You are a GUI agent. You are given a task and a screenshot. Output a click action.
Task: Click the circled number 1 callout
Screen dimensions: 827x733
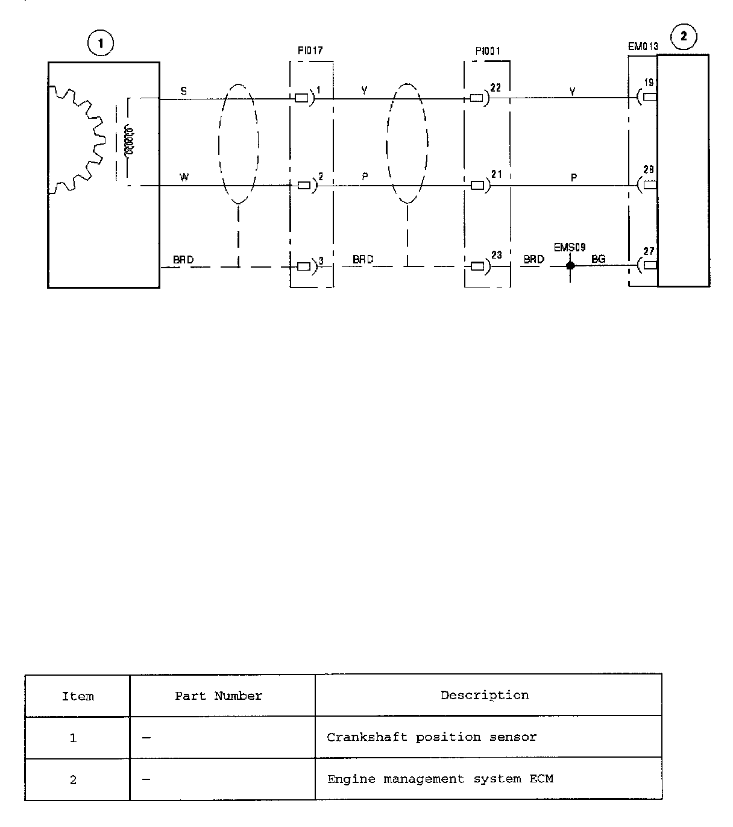[x=101, y=43]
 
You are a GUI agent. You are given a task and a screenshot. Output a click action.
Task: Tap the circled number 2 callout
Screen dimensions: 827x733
[x=683, y=36]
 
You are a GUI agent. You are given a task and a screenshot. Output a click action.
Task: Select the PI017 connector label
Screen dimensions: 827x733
[x=310, y=51]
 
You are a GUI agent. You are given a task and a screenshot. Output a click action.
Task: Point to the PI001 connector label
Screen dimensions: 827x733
[x=488, y=51]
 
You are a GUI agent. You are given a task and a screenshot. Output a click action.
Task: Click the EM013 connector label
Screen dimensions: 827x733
[x=643, y=46]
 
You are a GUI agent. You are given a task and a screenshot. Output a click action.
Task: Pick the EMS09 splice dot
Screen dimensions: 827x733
[x=570, y=265]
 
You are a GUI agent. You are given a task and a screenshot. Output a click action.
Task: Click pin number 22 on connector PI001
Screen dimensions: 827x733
[x=495, y=88]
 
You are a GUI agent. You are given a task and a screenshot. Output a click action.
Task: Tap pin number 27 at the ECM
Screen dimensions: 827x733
[x=649, y=252]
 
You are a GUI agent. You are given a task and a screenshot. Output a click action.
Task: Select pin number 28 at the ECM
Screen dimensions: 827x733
[x=648, y=170]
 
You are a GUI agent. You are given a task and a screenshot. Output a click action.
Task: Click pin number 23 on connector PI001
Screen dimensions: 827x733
[x=496, y=255]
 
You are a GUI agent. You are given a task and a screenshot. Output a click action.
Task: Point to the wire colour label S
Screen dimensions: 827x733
[x=184, y=91]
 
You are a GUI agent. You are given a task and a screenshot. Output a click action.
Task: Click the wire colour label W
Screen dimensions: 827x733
[x=184, y=178]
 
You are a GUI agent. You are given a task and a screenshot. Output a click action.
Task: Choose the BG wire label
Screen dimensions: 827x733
[x=599, y=259]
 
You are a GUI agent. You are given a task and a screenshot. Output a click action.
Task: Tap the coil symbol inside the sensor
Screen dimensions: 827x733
[x=127, y=141]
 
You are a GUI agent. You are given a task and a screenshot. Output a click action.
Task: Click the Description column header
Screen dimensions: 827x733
[x=485, y=696]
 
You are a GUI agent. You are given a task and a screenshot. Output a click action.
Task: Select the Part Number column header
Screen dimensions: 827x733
[x=219, y=696]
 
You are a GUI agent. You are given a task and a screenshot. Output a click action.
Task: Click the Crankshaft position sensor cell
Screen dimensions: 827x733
[x=432, y=737]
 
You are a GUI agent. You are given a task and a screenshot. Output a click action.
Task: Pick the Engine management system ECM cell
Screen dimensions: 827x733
[x=440, y=779]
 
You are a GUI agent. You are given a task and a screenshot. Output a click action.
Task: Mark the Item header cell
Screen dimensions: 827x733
[x=78, y=697]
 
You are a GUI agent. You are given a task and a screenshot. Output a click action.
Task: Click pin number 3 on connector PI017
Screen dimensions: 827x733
[x=321, y=261]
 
